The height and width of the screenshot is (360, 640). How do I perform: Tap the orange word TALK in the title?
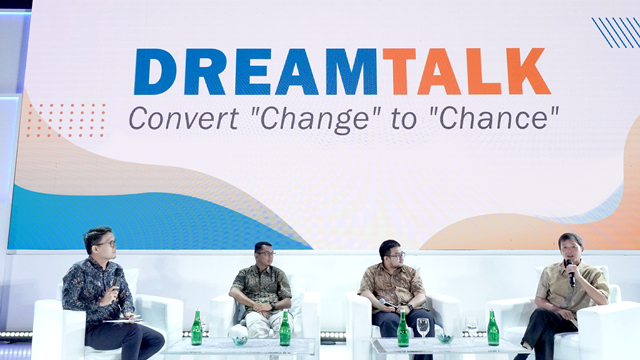click(x=466, y=72)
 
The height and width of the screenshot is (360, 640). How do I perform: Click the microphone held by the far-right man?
click(x=570, y=270)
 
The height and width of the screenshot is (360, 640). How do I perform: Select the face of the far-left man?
click(x=102, y=245)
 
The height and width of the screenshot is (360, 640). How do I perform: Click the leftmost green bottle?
click(x=196, y=329)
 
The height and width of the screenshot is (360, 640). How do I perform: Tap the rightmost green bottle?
click(x=492, y=329)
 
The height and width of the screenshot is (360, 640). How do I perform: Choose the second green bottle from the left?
click(x=285, y=329)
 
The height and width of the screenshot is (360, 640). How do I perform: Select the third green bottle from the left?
click(x=403, y=329)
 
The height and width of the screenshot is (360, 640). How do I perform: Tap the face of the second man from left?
click(x=263, y=256)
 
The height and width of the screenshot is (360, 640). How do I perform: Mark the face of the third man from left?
click(x=391, y=254)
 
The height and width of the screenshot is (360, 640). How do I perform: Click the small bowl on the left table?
click(x=240, y=339)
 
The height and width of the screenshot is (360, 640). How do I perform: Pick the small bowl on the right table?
click(x=445, y=338)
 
